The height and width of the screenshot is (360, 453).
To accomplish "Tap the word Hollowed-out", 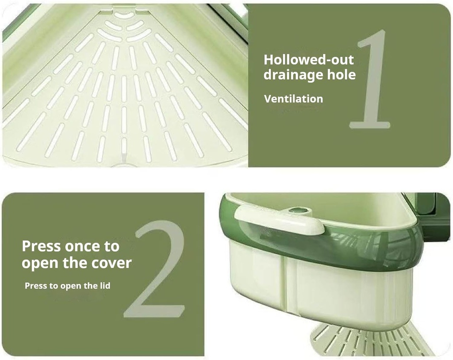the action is (308, 60).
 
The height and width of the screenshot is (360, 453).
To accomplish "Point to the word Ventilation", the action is (294, 99).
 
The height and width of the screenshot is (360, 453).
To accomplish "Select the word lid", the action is (105, 286).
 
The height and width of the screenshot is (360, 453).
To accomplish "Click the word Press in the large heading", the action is (41, 246).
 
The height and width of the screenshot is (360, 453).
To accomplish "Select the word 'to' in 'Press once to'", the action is (111, 246).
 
